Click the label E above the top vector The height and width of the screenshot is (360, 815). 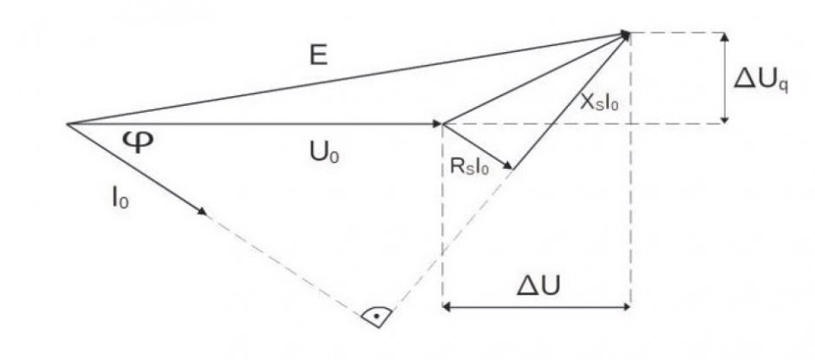coord(318,55)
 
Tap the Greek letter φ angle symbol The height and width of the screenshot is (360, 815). coord(139,141)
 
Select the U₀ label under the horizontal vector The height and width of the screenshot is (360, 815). coord(323,153)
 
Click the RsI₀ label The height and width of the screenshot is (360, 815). coord(469,169)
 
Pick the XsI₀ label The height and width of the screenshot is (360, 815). coord(600,103)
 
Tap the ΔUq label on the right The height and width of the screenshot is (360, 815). coord(760,82)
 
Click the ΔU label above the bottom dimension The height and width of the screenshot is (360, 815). coord(538,286)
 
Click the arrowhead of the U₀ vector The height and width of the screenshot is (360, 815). coord(438,124)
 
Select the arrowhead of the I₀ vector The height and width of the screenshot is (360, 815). coord(202,211)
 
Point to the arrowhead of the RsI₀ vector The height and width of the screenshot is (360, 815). coord(507,166)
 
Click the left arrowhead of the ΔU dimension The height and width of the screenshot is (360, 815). coord(447,307)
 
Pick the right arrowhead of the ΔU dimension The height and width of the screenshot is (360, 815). coord(625,307)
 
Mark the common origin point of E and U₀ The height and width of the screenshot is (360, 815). coord(67,124)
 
